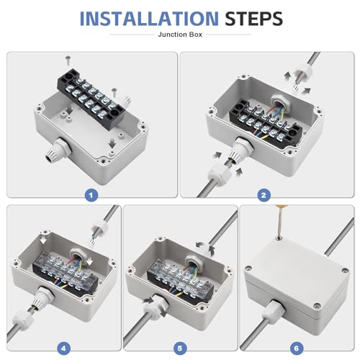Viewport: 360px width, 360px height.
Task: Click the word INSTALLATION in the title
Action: coord(149,19)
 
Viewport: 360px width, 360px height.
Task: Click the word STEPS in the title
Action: coord(253,19)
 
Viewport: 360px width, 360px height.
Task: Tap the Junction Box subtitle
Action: coord(180,35)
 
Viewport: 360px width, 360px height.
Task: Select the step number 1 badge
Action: coord(91,195)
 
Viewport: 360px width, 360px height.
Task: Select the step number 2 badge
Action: coord(264,195)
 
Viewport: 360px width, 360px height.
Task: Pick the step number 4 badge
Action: coord(63,348)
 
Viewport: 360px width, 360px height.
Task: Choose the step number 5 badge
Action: coord(180,348)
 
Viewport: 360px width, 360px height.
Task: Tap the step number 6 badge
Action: coord(297,348)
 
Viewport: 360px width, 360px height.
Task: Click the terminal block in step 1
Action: coord(91,98)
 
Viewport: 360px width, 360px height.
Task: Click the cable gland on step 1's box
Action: coord(58,149)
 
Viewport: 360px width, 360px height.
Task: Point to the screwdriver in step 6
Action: coord(279,221)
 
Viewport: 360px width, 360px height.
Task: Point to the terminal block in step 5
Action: coord(181,279)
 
